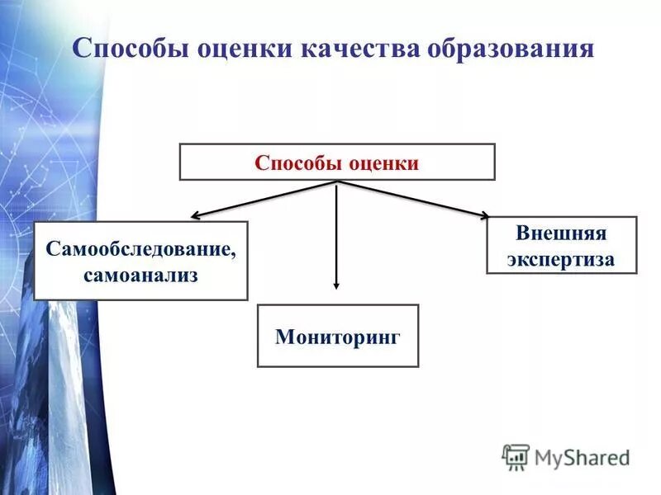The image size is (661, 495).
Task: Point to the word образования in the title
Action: pos(510,47)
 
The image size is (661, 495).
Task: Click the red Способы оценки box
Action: pos(337,162)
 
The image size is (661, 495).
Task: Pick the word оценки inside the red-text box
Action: pos(382,163)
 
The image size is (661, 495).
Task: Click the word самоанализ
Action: pos(140,274)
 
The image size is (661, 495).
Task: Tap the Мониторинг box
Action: pos(337,336)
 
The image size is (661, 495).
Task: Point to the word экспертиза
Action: pos(561,258)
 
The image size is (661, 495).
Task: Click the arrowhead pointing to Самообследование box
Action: pos(196,216)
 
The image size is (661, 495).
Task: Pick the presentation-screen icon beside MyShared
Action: pos(516,456)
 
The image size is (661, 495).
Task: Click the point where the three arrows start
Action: pos(336,181)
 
